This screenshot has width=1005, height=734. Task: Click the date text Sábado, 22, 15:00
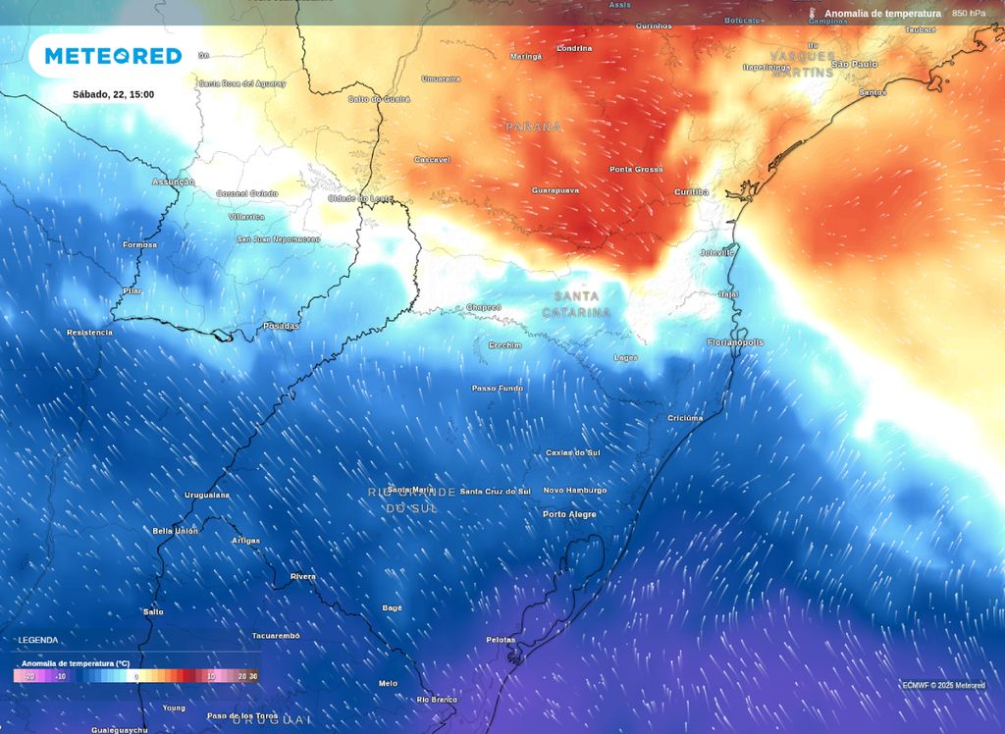click(x=113, y=94)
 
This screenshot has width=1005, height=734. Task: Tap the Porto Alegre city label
click(x=569, y=514)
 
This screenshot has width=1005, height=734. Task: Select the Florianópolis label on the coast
click(x=735, y=342)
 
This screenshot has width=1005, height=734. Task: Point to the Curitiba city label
click(x=691, y=192)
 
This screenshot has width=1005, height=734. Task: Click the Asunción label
click(x=173, y=183)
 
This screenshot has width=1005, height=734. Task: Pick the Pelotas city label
click(x=501, y=640)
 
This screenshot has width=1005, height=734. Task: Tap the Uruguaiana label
click(x=207, y=495)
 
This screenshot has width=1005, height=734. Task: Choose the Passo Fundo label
click(x=498, y=389)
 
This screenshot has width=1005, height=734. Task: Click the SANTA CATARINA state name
click(x=576, y=304)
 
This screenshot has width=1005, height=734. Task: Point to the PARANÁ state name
click(x=534, y=128)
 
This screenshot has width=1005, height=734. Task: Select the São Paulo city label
click(x=854, y=64)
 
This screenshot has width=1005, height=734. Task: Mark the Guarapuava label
click(x=555, y=189)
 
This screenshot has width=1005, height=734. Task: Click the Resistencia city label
click(x=89, y=333)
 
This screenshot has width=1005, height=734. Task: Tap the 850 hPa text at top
click(x=969, y=14)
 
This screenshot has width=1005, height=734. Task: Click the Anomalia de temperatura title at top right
click(x=882, y=14)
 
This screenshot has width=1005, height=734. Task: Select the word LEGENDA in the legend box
click(x=39, y=640)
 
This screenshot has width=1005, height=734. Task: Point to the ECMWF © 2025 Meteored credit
click(x=943, y=685)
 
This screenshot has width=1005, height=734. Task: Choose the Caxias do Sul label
click(x=572, y=453)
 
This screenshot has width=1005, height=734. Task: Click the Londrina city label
click(x=574, y=48)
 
